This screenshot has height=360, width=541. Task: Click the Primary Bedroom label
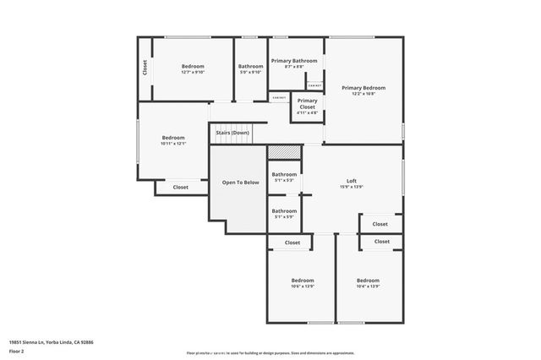363,88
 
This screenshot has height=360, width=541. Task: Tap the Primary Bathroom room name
294,61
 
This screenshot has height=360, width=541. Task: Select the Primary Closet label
307,103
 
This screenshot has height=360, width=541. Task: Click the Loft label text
352,181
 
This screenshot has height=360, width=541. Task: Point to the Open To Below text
239,183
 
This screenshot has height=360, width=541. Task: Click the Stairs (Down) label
232,133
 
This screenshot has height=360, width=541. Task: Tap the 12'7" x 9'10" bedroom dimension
193,73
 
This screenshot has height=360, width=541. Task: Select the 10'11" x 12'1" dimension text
173,144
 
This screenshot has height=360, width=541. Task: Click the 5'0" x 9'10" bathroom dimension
250,73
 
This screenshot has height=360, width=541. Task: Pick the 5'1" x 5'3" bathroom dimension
284,180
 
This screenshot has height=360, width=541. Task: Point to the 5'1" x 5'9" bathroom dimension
284,217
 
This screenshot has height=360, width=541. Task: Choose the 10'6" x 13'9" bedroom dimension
303,286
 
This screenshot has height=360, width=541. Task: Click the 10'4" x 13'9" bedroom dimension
368,286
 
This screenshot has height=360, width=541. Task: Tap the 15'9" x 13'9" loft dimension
352,187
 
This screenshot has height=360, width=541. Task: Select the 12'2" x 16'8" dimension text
363,94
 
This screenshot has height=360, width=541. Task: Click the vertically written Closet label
145,68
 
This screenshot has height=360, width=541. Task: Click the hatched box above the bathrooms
284,152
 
